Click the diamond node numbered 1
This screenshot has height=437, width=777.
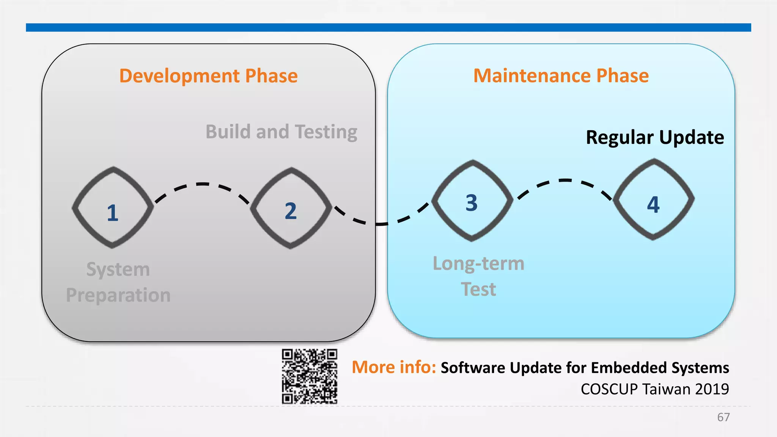[x=113, y=208]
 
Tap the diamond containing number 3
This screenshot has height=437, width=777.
[x=472, y=201]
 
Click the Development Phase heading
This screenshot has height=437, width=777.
[x=208, y=75]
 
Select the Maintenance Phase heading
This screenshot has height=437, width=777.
[x=561, y=75]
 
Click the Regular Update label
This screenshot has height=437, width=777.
[x=654, y=137]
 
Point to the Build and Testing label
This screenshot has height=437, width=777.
[x=281, y=132]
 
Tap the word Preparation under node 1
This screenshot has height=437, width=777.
[x=118, y=295]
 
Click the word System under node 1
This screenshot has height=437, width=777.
[x=118, y=269]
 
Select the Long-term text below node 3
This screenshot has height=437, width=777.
[x=478, y=263]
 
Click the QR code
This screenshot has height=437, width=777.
[x=309, y=376]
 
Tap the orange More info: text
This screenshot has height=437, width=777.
[x=393, y=367]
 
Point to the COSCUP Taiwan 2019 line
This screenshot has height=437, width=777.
[x=654, y=389]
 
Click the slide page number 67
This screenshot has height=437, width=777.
[x=723, y=417]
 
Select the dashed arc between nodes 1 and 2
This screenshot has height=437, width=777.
[x=202, y=184]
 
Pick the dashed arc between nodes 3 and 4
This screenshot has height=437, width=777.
[x=565, y=181]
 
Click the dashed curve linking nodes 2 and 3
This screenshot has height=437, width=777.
[x=381, y=224]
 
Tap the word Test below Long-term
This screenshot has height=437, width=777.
[x=478, y=289]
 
